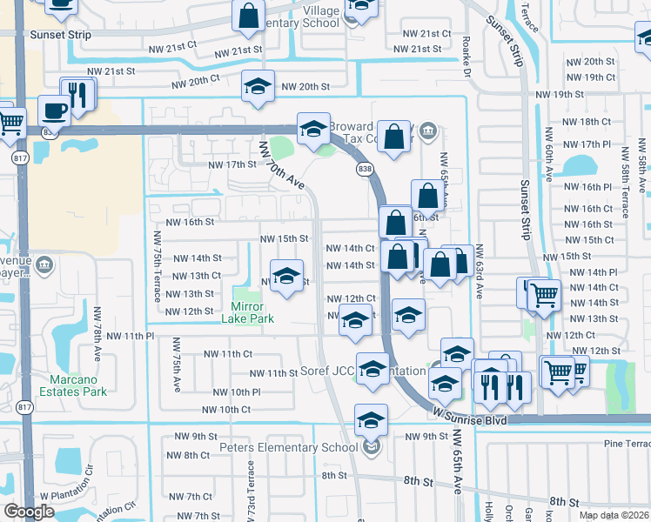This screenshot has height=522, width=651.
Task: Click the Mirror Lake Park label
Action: (x=253, y=312)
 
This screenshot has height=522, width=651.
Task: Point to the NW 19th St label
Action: (x=560, y=94)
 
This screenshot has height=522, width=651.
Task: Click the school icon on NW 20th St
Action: (x=258, y=86)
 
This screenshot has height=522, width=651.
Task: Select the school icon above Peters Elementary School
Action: (x=372, y=420)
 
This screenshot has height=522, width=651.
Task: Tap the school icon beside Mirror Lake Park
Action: (x=286, y=277)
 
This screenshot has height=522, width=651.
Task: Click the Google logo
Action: (x=29, y=512)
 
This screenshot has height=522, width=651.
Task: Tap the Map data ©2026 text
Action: (x=614, y=515)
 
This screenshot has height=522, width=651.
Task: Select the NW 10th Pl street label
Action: (x=232, y=391)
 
